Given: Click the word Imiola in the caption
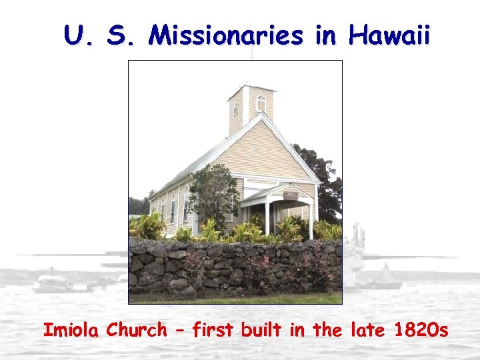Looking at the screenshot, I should pos(72,329).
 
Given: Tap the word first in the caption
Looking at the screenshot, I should pos(214,329).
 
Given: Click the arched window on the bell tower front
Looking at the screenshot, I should pos(261,103).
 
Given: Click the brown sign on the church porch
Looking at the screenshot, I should pos(291,195).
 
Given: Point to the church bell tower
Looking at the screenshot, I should pos(250,107).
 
